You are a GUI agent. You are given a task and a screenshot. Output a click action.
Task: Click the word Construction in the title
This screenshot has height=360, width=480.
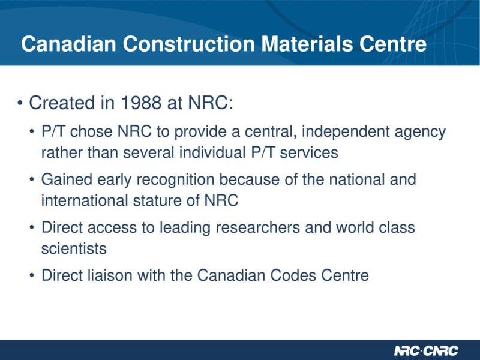188,44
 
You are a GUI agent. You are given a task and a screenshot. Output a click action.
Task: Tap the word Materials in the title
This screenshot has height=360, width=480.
307,44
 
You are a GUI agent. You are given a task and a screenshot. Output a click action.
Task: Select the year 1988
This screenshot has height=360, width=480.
141,103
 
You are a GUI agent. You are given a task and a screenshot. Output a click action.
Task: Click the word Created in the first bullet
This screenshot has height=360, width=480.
62,103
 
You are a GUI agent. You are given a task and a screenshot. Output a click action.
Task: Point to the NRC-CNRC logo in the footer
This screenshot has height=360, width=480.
426,350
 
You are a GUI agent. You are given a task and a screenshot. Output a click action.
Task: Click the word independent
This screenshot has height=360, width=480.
346,132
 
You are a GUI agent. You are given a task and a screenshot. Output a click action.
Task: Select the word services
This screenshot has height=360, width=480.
309,153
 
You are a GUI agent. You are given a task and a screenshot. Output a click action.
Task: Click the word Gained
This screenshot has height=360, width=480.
67,179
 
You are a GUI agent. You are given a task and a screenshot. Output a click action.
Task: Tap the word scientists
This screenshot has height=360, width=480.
74,248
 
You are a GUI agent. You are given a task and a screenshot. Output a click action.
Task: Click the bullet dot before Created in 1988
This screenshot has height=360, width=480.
20,103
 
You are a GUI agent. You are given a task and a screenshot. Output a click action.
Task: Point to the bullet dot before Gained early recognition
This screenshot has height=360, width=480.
32,179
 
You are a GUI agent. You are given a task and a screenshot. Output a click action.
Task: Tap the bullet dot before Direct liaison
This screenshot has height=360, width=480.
32,275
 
